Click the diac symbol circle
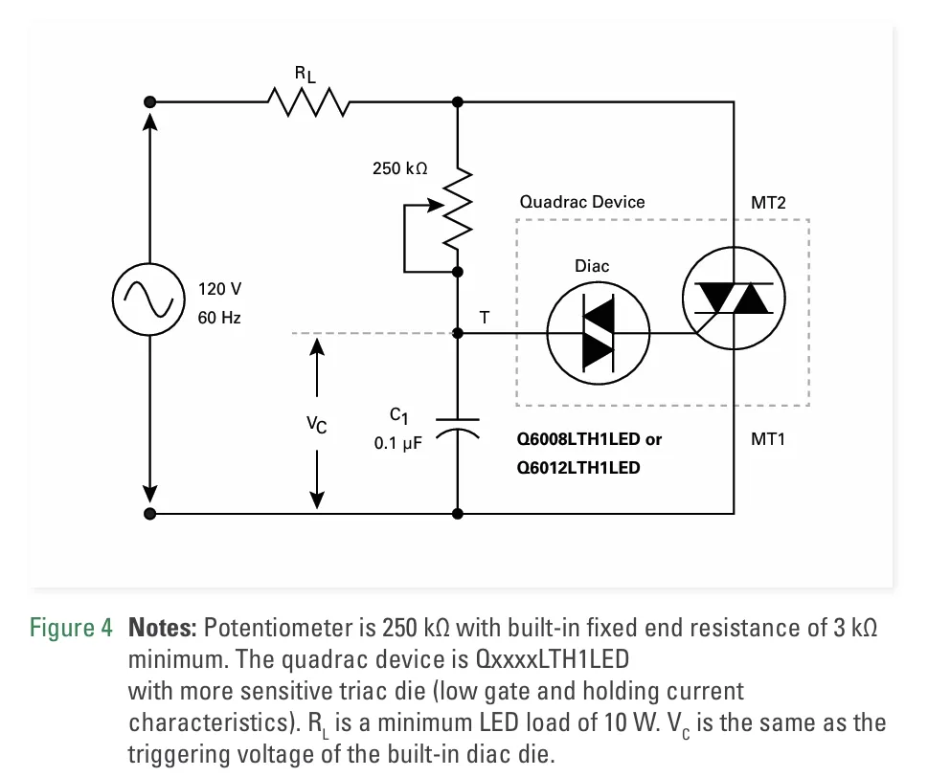tap(598, 333)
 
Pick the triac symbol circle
tap(733, 300)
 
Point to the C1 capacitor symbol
tap(458, 427)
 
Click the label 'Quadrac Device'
tap(582, 202)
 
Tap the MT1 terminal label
tap(769, 440)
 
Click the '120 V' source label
tap(220, 289)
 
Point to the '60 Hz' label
tap(219, 318)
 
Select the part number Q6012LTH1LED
tap(578, 469)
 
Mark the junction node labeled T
tap(458, 333)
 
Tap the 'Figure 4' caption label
tap(71, 629)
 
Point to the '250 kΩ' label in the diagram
tap(400, 168)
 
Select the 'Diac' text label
tap(592, 265)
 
